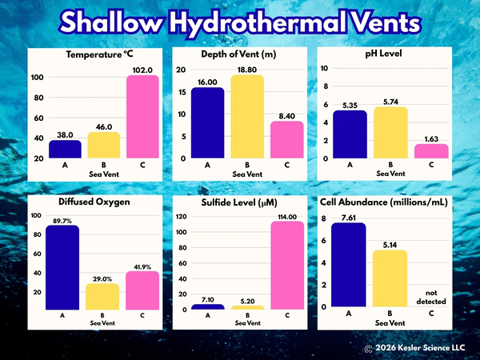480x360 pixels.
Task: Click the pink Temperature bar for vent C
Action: click(x=142, y=117)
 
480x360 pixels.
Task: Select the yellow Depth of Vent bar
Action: click(x=247, y=117)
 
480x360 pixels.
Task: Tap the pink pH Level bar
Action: click(x=431, y=151)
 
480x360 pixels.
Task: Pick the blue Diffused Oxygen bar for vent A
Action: click(x=62, y=267)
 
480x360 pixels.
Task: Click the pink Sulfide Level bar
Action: click(x=287, y=265)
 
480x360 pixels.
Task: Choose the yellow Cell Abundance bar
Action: click(x=390, y=278)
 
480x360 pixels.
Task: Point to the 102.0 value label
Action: click(x=142, y=70)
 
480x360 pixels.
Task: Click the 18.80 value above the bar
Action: click(x=247, y=70)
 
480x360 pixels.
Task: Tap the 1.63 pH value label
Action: click(x=431, y=139)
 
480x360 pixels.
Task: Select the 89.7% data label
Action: click(x=62, y=221)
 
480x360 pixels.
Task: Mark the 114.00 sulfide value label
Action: click(x=287, y=217)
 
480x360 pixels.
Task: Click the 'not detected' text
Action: click(x=431, y=298)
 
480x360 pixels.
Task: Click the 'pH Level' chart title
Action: click(x=383, y=54)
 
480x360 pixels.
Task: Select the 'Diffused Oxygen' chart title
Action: click(x=94, y=202)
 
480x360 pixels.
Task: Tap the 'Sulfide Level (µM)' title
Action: click(x=239, y=202)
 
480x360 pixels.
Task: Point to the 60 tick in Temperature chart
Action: click(x=38, y=118)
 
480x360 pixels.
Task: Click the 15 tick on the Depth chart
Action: click(x=182, y=92)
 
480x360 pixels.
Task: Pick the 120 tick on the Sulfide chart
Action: click(x=181, y=217)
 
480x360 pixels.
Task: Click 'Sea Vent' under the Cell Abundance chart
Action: click(x=390, y=323)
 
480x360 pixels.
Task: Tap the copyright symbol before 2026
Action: click(x=368, y=349)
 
